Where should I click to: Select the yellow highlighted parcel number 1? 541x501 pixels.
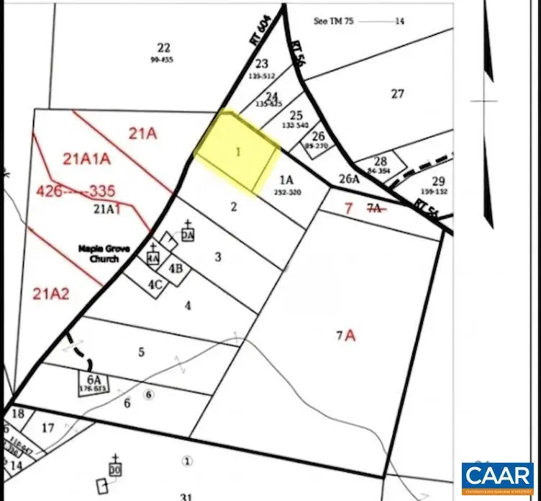click(237, 153)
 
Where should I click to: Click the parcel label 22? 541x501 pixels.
click(164, 48)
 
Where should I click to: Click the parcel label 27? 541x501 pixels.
click(398, 94)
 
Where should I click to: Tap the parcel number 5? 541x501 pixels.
click(142, 352)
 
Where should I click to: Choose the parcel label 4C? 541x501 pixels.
click(155, 284)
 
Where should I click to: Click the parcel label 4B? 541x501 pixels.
click(176, 269)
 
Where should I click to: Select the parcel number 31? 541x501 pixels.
click(186, 496)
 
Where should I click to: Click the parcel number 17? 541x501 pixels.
click(47, 428)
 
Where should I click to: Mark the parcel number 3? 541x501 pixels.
click(218, 256)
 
